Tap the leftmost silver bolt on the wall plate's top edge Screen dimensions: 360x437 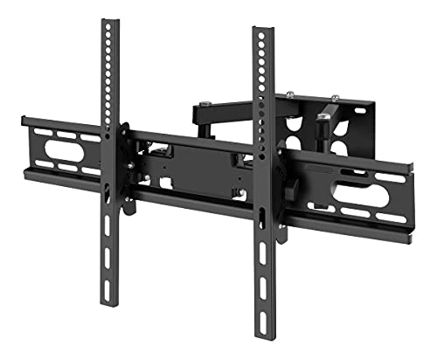point(289,96)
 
